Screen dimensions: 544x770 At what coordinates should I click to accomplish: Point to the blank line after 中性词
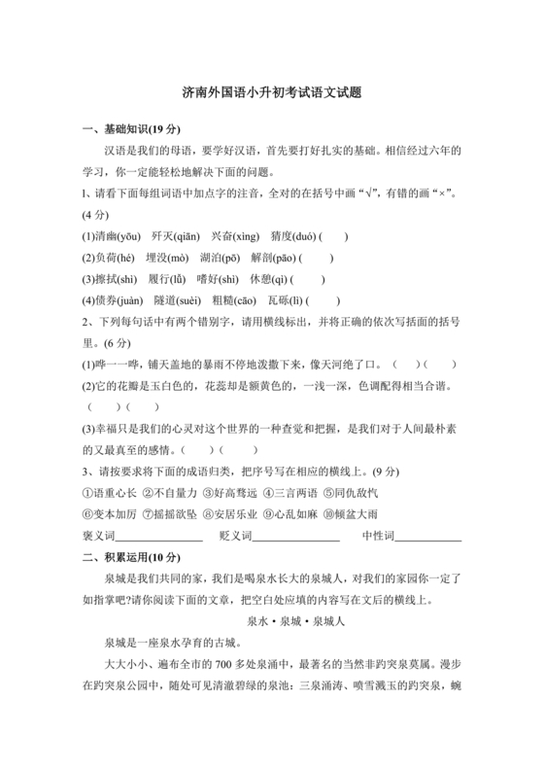pos(426,538)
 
